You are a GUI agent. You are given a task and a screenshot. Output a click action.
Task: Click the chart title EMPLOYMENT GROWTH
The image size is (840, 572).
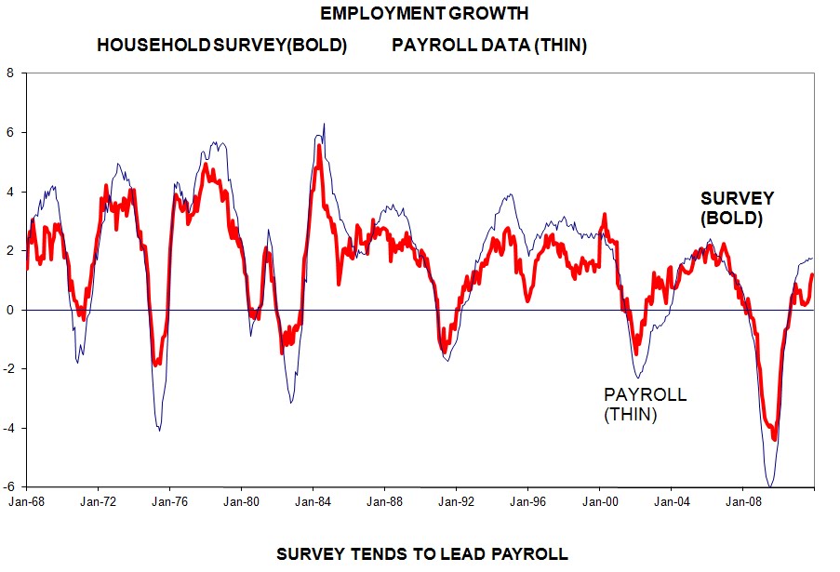(x=424, y=14)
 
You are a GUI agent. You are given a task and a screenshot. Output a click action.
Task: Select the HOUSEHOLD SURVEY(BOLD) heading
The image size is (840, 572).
(x=221, y=46)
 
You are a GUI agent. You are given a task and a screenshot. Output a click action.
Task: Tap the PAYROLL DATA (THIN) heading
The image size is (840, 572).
(x=489, y=46)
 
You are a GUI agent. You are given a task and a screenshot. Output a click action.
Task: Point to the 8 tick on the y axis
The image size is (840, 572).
(x=10, y=73)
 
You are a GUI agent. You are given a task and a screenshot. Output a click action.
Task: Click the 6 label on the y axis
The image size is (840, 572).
(x=10, y=132)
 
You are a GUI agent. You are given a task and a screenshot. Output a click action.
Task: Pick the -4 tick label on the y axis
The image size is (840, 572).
(x=8, y=428)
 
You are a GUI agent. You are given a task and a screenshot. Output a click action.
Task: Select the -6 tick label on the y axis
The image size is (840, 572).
(x=8, y=486)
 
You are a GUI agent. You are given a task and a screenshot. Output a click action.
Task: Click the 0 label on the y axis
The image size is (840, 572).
(x=10, y=310)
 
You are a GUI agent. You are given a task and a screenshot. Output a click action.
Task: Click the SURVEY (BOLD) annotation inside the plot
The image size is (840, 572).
(x=737, y=209)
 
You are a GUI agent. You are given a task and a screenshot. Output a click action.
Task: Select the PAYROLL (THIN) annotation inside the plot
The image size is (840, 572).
(x=645, y=405)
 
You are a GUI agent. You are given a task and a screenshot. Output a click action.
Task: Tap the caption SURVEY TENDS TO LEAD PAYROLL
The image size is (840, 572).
(x=421, y=554)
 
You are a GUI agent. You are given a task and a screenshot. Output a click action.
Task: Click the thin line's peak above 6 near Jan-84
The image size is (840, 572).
(x=323, y=124)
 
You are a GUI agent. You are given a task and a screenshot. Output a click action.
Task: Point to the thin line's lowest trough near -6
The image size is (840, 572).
(x=770, y=486)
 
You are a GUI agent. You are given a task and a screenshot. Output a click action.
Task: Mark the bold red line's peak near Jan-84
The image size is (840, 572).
(x=319, y=146)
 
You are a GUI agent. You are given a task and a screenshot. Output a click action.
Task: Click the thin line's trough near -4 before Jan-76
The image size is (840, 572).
(x=159, y=430)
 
